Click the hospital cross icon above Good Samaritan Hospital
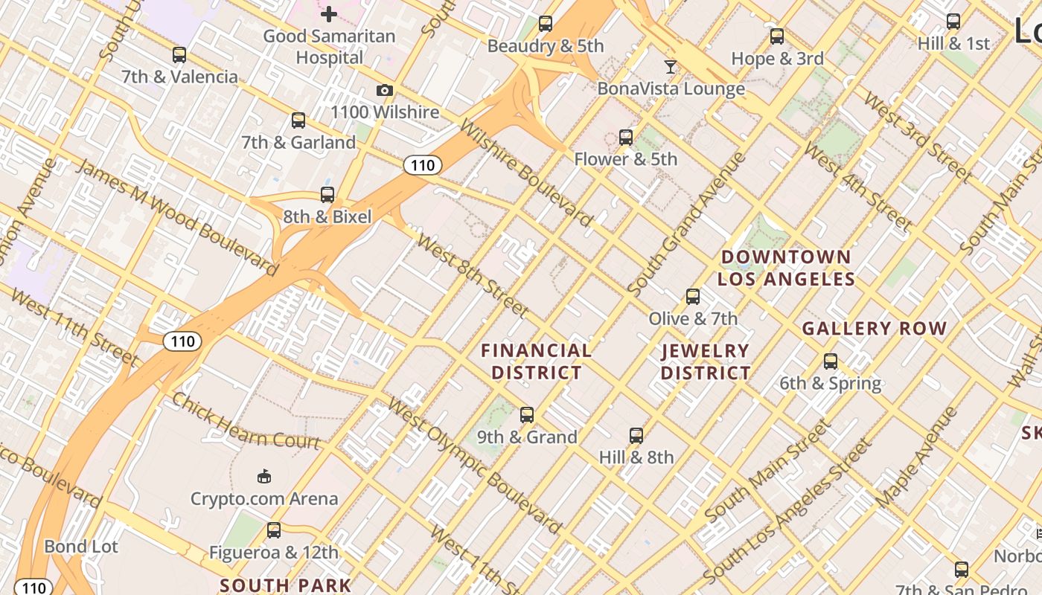pyautogui.click(x=328, y=13)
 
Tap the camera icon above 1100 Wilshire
pyautogui.click(x=384, y=91)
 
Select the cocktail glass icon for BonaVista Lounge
pyautogui.click(x=671, y=67)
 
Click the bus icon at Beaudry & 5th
pyautogui.click(x=546, y=24)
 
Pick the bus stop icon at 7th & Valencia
pyautogui.click(x=179, y=55)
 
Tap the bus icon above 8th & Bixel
pyautogui.click(x=327, y=195)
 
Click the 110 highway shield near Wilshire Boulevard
pyautogui.click(x=423, y=165)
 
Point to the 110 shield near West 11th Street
pyautogui.click(x=182, y=341)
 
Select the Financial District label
pyautogui.click(x=537, y=361)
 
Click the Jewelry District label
pyautogui.click(x=706, y=361)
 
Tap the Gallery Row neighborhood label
pyautogui.click(x=874, y=328)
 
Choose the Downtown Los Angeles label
pyautogui.click(x=786, y=268)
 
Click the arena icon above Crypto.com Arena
pyautogui.click(x=263, y=476)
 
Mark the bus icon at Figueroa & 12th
pyautogui.click(x=274, y=530)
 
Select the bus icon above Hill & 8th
pyautogui.click(x=636, y=435)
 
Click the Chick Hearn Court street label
pyautogui.click(x=246, y=421)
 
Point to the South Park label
pyautogui.click(x=285, y=585)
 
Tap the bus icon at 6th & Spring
pyautogui.click(x=830, y=361)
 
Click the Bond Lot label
pyautogui.click(x=81, y=547)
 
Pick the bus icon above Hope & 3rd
pyautogui.click(x=777, y=36)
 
